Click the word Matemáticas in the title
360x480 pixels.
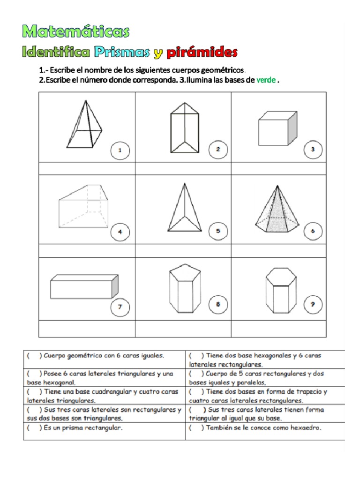pyautogui.click(x=76, y=31)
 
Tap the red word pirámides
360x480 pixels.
pyautogui.click(x=202, y=52)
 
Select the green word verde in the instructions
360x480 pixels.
pyautogui.click(x=266, y=80)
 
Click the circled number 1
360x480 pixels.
pyautogui.click(x=120, y=150)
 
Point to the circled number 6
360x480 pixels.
pyautogui.click(x=313, y=231)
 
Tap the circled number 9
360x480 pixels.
pyautogui.click(x=313, y=304)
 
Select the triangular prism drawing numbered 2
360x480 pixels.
pyautogui.click(x=185, y=127)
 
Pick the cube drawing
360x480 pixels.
pyautogui.click(x=277, y=128)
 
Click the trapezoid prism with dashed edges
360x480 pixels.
pyautogui.click(x=83, y=206)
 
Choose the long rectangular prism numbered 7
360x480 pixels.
pyautogui.click(x=84, y=286)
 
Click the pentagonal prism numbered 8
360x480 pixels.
pyautogui.click(x=185, y=289)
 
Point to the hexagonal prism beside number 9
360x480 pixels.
pyautogui.click(x=281, y=291)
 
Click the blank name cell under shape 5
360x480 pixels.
pyautogui.click(x=183, y=251)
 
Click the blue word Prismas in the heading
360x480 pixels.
pyautogui.click(x=122, y=52)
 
